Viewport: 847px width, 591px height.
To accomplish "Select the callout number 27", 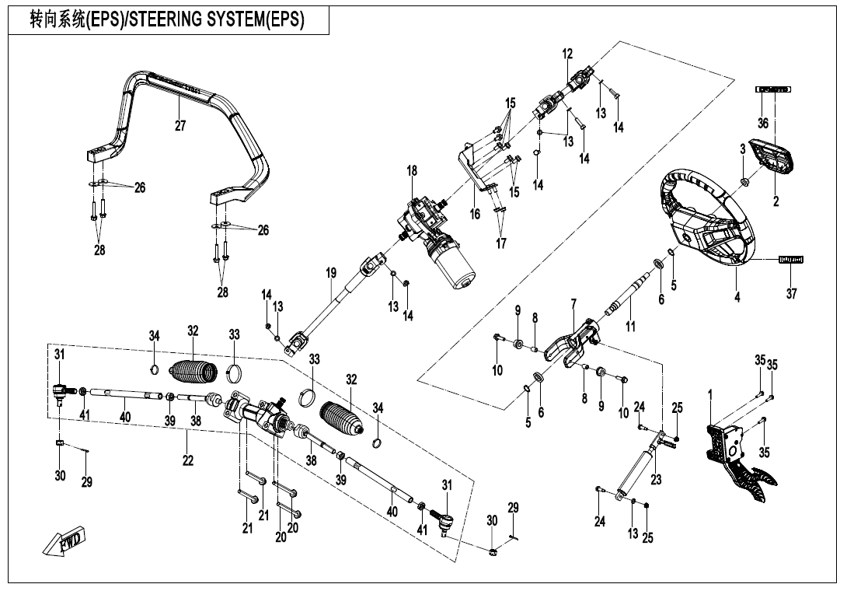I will [x=180, y=127].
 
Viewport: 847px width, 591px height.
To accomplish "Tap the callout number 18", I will [x=412, y=170].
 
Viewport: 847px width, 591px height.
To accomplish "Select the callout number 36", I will [x=763, y=123].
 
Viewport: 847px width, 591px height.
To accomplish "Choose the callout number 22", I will [x=188, y=461].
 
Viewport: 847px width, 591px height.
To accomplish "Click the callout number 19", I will [x=331, y=274].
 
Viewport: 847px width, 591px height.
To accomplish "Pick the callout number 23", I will [x=657, y=480].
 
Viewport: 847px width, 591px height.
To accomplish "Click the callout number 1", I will [x=710, y=394].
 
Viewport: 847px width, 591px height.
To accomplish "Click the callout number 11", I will [x=630, y=327].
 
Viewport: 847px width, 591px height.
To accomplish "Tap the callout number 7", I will [x=573, y=302].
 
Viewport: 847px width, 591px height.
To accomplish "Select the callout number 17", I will [x=501, y=243].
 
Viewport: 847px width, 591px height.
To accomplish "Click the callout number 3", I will [x=742, y=148].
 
